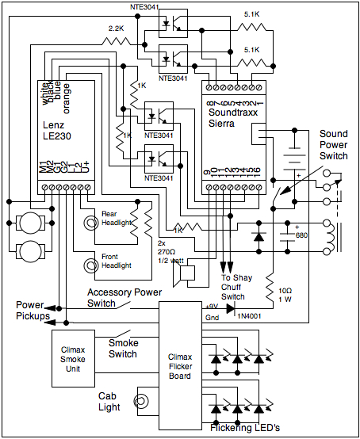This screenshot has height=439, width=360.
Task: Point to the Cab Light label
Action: pyautogui.click(x=109, y=401)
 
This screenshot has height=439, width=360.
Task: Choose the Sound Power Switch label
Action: pyautogui.click(x=332, y=145)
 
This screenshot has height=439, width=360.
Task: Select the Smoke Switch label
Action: pyautogui.click(x=123, y=349)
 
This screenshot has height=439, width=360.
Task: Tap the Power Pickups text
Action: pyautogui.click(x=25, y=311)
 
